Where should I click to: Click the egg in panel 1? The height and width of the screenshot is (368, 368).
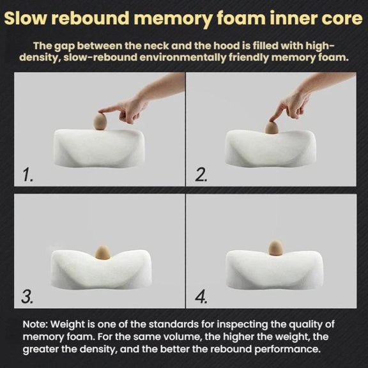(100, 121)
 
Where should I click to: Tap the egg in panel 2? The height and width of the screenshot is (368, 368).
(272, 128)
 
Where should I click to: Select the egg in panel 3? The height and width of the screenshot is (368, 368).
(103, 252)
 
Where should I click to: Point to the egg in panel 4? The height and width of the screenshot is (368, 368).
(275, 247)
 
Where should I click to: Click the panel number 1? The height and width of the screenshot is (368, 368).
(27, 175)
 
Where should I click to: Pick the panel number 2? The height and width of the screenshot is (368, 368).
(201, 175)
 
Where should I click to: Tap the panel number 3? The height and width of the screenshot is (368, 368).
(27, 296)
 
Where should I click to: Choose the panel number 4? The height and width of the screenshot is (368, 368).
(201, 296)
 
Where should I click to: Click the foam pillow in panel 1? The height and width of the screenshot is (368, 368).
(99, 148)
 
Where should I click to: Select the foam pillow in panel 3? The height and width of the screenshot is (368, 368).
(102, 270)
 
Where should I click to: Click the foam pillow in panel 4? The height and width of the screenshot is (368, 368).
(274, 270)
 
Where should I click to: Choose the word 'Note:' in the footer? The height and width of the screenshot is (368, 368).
(35, 325)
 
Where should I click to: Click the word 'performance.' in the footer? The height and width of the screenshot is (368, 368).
(287, 349)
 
